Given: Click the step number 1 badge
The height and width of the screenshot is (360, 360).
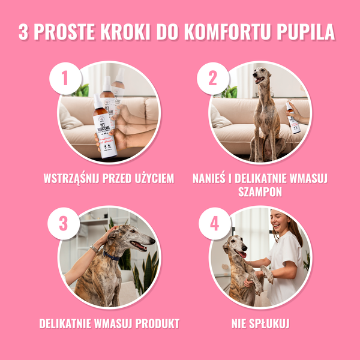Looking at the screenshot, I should tap(65, 79).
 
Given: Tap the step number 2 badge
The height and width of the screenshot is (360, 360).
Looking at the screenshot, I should tap(212, 79).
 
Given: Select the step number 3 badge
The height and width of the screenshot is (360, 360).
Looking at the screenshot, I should tap(65, 224).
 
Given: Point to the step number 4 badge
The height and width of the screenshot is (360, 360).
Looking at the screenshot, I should tap(212, 224).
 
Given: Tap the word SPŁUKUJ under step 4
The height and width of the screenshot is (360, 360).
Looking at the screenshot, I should tap(269, 323).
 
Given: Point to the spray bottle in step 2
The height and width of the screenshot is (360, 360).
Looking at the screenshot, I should tap(292, 117).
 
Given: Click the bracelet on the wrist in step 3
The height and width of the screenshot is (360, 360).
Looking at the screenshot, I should tap(94, 248).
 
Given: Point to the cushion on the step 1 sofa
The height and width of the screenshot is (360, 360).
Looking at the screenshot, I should tap(71, 118).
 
